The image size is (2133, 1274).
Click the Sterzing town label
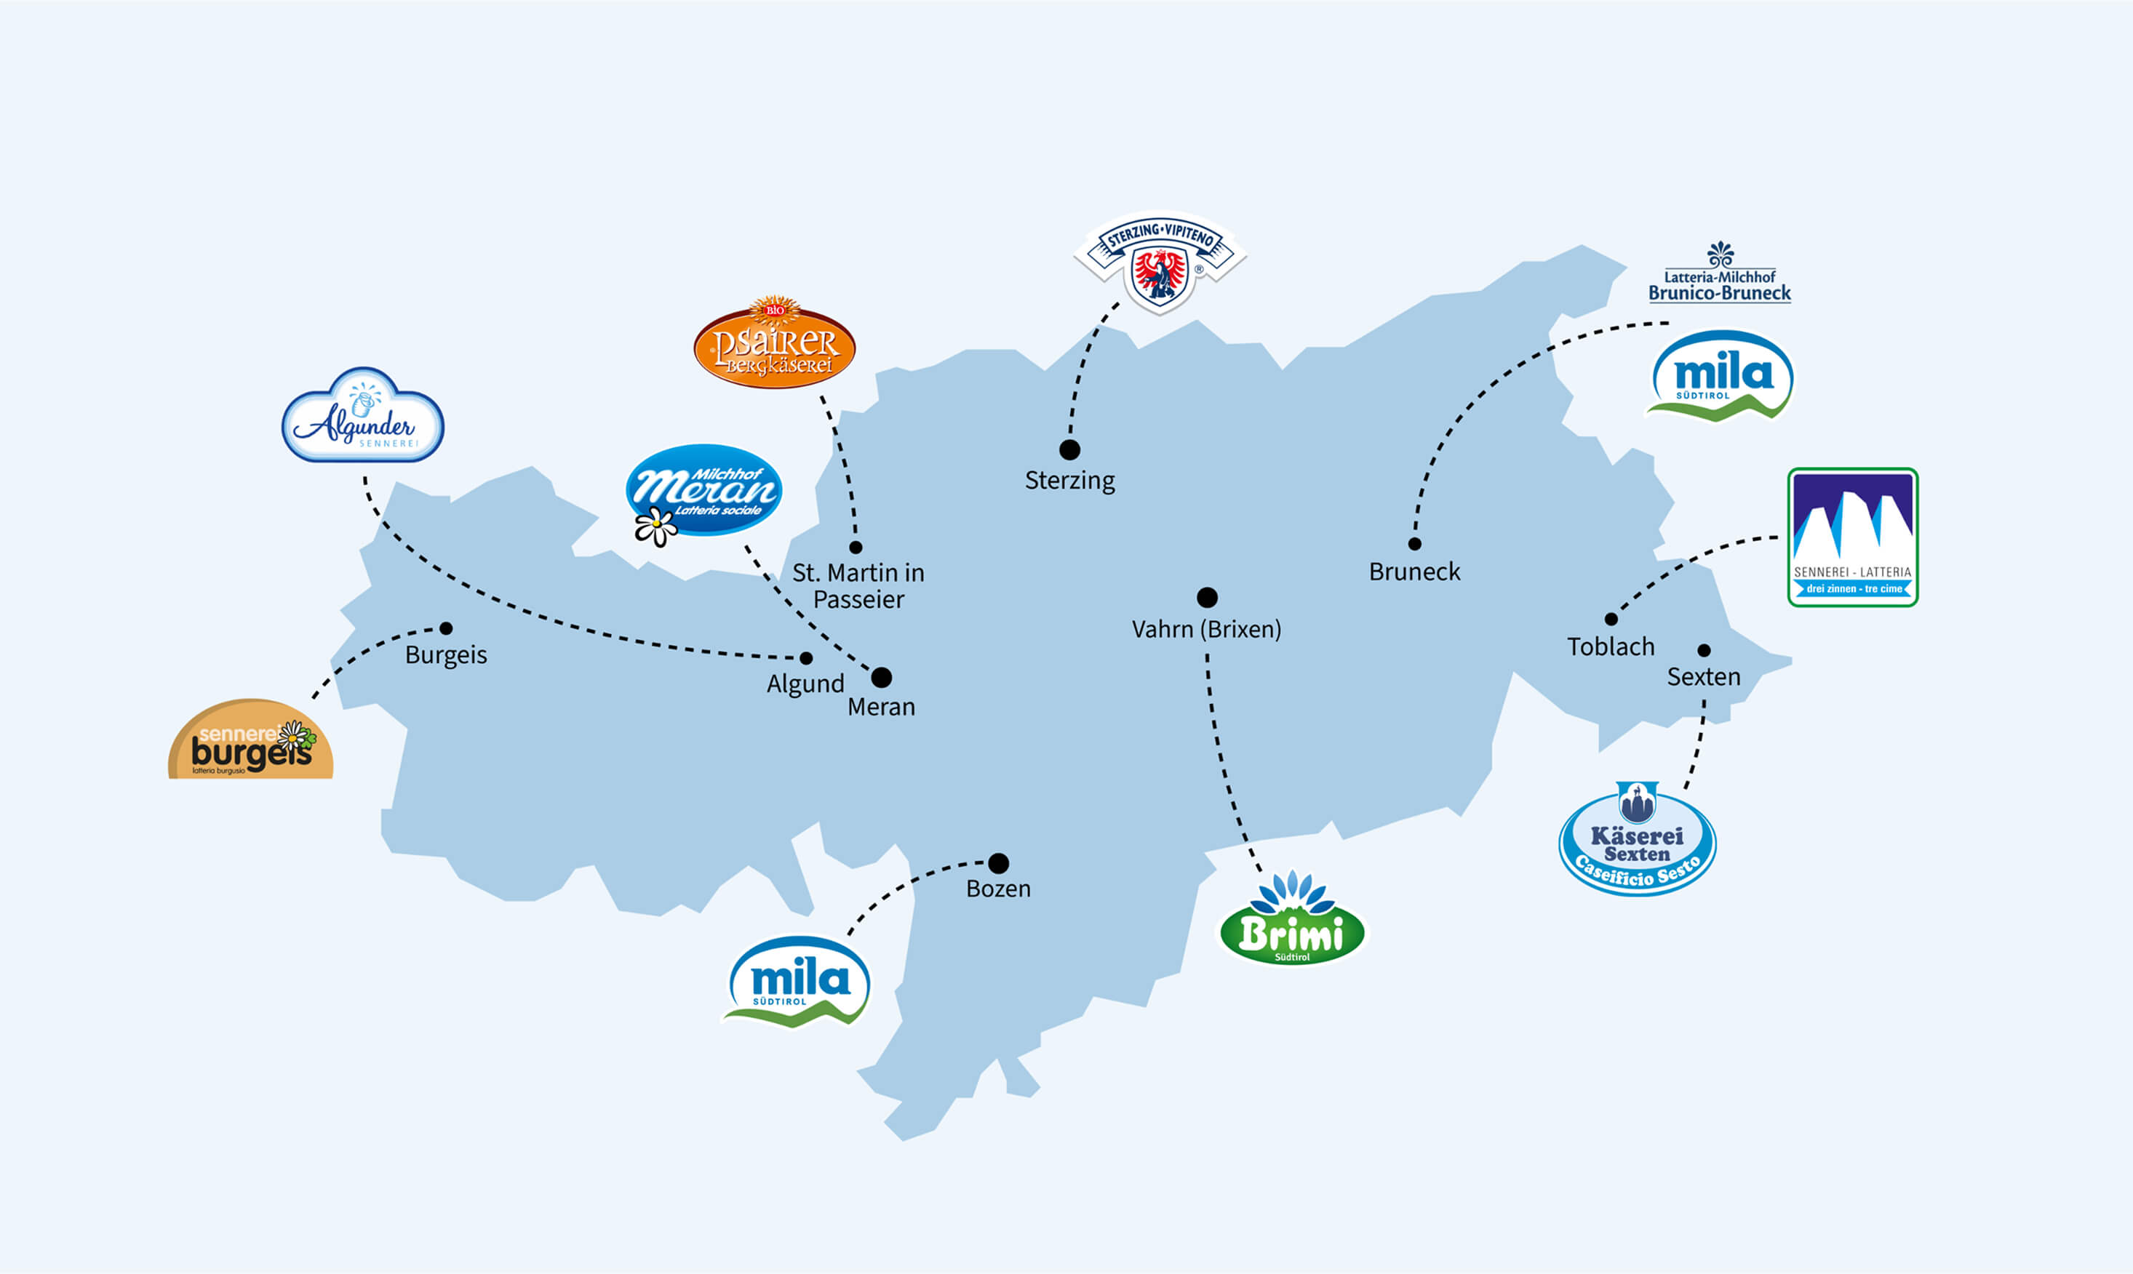[1069, 480]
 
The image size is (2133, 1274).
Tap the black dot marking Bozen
[998, 862]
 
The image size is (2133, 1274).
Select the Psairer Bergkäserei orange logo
[775, 344]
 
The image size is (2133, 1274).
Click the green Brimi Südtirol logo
[1291, 924]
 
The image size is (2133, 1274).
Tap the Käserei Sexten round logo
[1637, 842]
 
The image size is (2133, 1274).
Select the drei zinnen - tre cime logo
[1852, 537]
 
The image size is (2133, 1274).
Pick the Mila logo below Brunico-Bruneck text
[1721, 377]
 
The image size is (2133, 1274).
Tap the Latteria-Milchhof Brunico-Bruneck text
[1719, 285]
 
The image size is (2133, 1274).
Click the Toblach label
[1610, 646]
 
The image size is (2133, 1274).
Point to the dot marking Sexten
[1704, 650]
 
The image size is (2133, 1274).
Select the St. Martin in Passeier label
[858, 585]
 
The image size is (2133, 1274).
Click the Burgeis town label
[446, 655]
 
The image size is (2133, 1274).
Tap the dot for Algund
[805, 659]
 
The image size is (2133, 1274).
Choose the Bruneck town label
[1414, 572]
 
